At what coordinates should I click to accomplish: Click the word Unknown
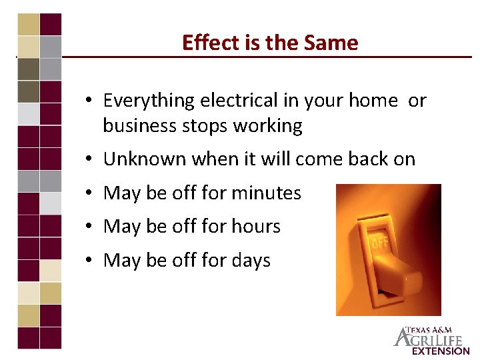click(145, 159)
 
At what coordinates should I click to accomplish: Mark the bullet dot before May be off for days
click(88, 261)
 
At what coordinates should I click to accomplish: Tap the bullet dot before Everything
click(88, 101)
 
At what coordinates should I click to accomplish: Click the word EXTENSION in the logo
click(441, 351)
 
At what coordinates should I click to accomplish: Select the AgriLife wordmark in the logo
click(432, 339)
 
